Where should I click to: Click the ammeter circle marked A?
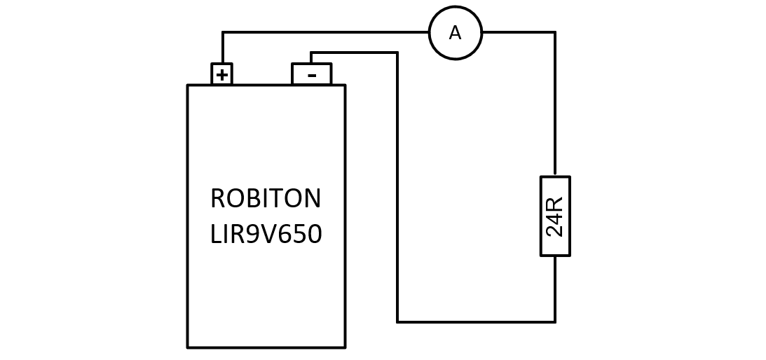(456, 33)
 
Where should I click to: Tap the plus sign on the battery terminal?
(222, 75)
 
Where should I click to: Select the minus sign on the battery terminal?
(312, 76)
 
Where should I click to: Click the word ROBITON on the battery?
(266, 198)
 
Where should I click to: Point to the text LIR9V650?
(266, 234)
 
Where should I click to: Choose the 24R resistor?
(555, 216)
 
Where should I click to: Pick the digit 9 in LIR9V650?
(251, 234)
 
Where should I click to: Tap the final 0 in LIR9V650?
(315, 234)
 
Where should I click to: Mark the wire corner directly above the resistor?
(555, 32)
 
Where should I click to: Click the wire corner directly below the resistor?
(555, 322)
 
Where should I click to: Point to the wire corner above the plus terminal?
(223, 32)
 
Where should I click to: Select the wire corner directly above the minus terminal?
(311, 53)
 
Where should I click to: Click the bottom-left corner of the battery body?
(188, 348)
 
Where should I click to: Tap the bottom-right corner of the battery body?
(346, 348)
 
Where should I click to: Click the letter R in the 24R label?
(554, 203)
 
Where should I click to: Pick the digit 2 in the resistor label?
(554, 230)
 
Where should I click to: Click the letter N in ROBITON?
(312, 198)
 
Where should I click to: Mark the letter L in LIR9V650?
(216, 234)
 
